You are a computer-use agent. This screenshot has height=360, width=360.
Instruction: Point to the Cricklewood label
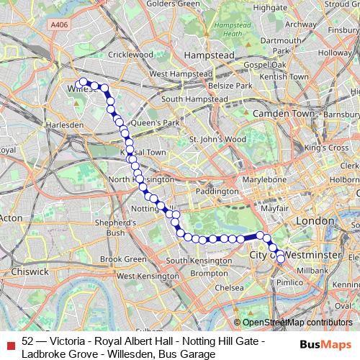click(x=112, y=54)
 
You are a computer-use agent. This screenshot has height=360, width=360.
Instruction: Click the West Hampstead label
click(x=180, y=73)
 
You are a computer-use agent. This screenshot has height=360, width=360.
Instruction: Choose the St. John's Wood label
click(x=217, y=139)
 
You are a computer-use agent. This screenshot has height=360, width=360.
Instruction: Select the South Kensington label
click(x=196, y=260)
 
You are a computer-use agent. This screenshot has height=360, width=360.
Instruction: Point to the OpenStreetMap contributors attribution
click(x=298, y=322)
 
